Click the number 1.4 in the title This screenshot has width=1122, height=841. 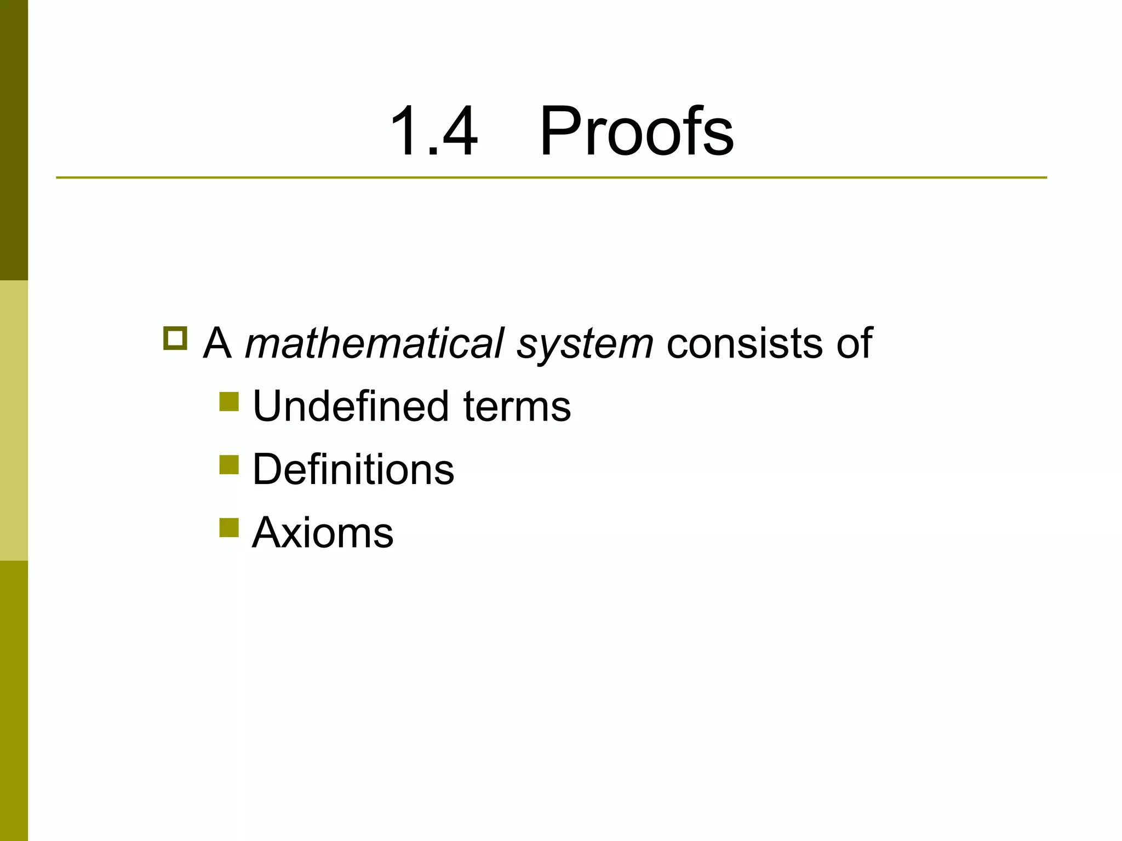click(x=433, y=131)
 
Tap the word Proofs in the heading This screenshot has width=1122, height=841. click(x=636, y=131)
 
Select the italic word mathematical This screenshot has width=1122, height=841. click(x=374, y=344)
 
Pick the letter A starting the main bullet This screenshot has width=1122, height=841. click(x=217, y=344)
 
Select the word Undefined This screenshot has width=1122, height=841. click(x=351, y=406)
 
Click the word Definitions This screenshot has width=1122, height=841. click(x=353, y=470)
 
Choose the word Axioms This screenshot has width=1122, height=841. click(x=322, y=532)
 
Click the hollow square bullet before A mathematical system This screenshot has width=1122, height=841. click(x=175, y=338)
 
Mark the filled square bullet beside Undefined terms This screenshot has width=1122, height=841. click(x=229, y=401)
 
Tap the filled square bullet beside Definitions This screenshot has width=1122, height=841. click(x=229, y=465)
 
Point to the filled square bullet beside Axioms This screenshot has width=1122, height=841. click(x=229, y=528)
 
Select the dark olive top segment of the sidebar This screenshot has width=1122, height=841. click(x=14, y=140)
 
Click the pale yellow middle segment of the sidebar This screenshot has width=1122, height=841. click(x=14, y=420)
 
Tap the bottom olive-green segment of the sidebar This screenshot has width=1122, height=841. click(x=14, y=701)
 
